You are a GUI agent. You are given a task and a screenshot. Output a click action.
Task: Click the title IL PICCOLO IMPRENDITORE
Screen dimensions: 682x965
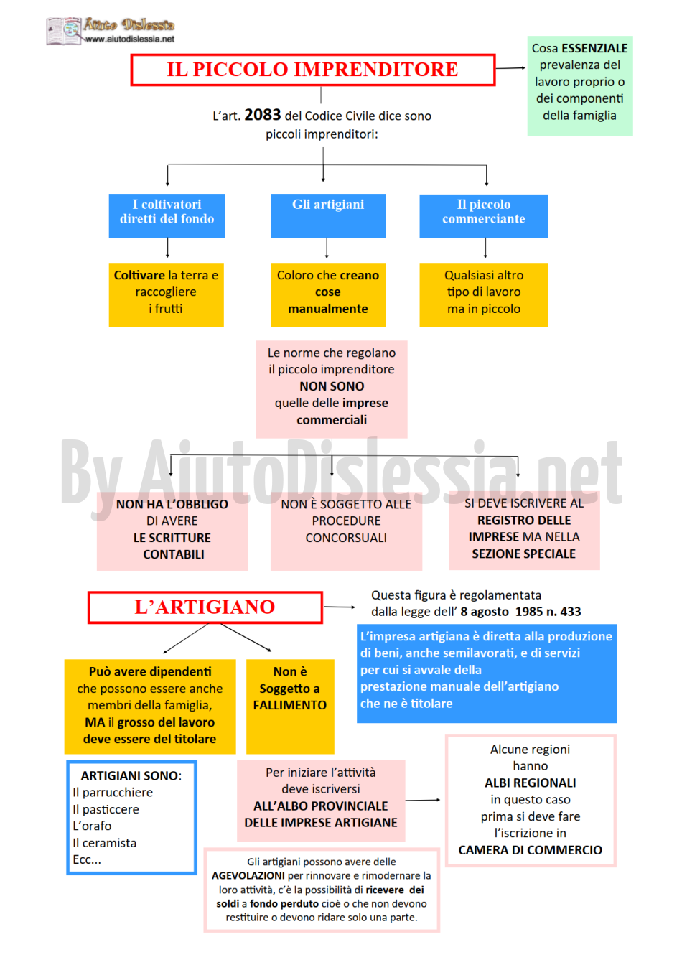point(312,70)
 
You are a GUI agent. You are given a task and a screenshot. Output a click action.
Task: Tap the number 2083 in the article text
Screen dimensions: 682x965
point(262,115)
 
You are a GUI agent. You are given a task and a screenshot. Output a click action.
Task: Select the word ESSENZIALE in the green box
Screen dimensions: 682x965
point(594,48)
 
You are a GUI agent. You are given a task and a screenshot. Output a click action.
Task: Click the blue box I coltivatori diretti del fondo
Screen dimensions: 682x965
point(167,215)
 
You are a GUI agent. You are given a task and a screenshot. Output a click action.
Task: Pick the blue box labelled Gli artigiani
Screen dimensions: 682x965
point(328,215)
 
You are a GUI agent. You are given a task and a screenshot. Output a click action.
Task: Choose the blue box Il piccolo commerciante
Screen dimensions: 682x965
point(483,216)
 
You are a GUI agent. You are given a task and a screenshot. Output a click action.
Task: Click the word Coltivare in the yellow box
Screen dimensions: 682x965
point(139,275)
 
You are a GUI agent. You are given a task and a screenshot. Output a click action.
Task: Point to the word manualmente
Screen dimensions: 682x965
point(328,309)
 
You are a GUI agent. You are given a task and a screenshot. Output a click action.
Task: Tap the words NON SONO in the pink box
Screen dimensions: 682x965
point(332,386)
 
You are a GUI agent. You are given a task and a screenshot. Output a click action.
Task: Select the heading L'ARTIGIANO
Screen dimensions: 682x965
point(205,607)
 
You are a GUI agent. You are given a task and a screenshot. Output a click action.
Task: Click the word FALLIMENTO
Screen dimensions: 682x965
point(289,705)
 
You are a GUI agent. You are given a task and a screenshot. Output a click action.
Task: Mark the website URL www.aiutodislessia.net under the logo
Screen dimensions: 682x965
point(130,39)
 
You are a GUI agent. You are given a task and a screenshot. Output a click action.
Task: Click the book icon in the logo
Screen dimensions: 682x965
point(63,31)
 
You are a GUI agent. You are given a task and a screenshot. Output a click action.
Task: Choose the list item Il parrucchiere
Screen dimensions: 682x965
point(113,792)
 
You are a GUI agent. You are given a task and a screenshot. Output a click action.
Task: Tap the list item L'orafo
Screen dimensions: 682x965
point(92,826)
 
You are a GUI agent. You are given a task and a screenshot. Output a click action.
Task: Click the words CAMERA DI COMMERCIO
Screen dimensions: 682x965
point(530,850)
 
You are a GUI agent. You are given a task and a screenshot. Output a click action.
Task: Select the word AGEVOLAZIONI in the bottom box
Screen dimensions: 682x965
point(248,875)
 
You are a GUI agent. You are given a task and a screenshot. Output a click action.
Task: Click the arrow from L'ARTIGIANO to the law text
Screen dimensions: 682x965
point(339,607)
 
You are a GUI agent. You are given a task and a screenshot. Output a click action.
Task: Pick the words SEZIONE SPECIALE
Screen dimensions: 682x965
point(523,554)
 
